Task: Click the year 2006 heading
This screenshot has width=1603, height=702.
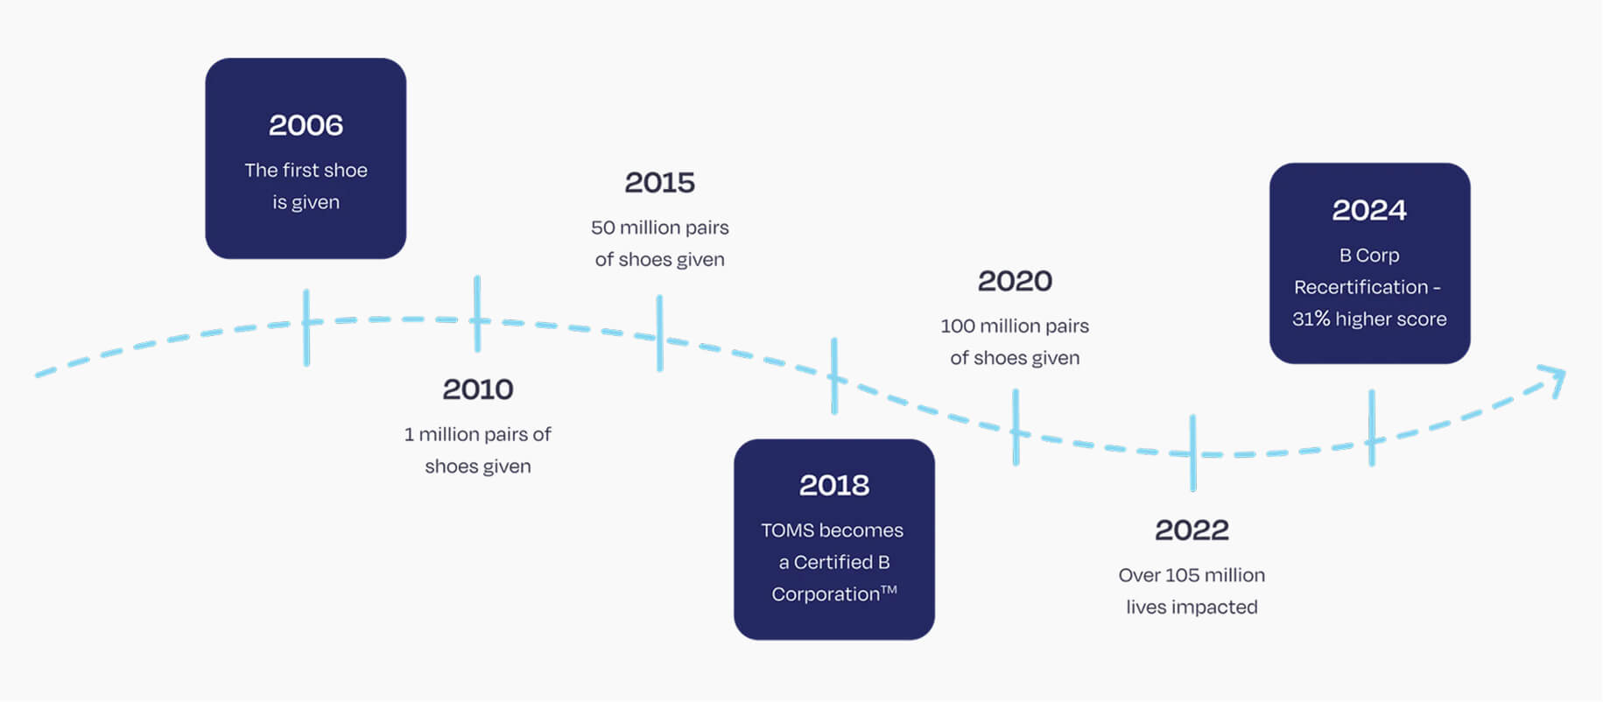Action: click(x=306, y=125)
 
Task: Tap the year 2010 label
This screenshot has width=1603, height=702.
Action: click(x=478, y=389)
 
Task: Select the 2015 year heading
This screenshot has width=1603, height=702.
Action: click(x=660, y=182)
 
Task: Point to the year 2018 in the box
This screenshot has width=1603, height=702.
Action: click(x=834, y=485)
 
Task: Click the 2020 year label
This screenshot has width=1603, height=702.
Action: click(x=1016, y=281)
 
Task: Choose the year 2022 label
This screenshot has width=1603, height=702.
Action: click(x=1192, y=530)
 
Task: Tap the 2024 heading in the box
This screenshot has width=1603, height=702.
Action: click(x=1369, y=210)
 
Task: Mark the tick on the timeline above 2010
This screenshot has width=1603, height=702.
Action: click(x=477, y=314)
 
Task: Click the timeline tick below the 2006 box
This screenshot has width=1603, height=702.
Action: click(x=306, y=327)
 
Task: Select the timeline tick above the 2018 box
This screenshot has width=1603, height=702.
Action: click(x=834, y=376)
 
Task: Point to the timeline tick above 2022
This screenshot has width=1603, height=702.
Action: click(x=1192, y=453)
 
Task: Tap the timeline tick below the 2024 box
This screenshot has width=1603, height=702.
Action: click(x=1372, y=428)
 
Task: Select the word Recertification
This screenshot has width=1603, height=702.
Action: click(x=1360, y=287)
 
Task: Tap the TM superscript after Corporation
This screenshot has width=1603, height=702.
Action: click(x=889, y=589)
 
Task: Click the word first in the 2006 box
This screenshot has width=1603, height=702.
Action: click(x=301, y=170)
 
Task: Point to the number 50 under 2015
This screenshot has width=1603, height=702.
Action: click(x=603, y=228)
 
